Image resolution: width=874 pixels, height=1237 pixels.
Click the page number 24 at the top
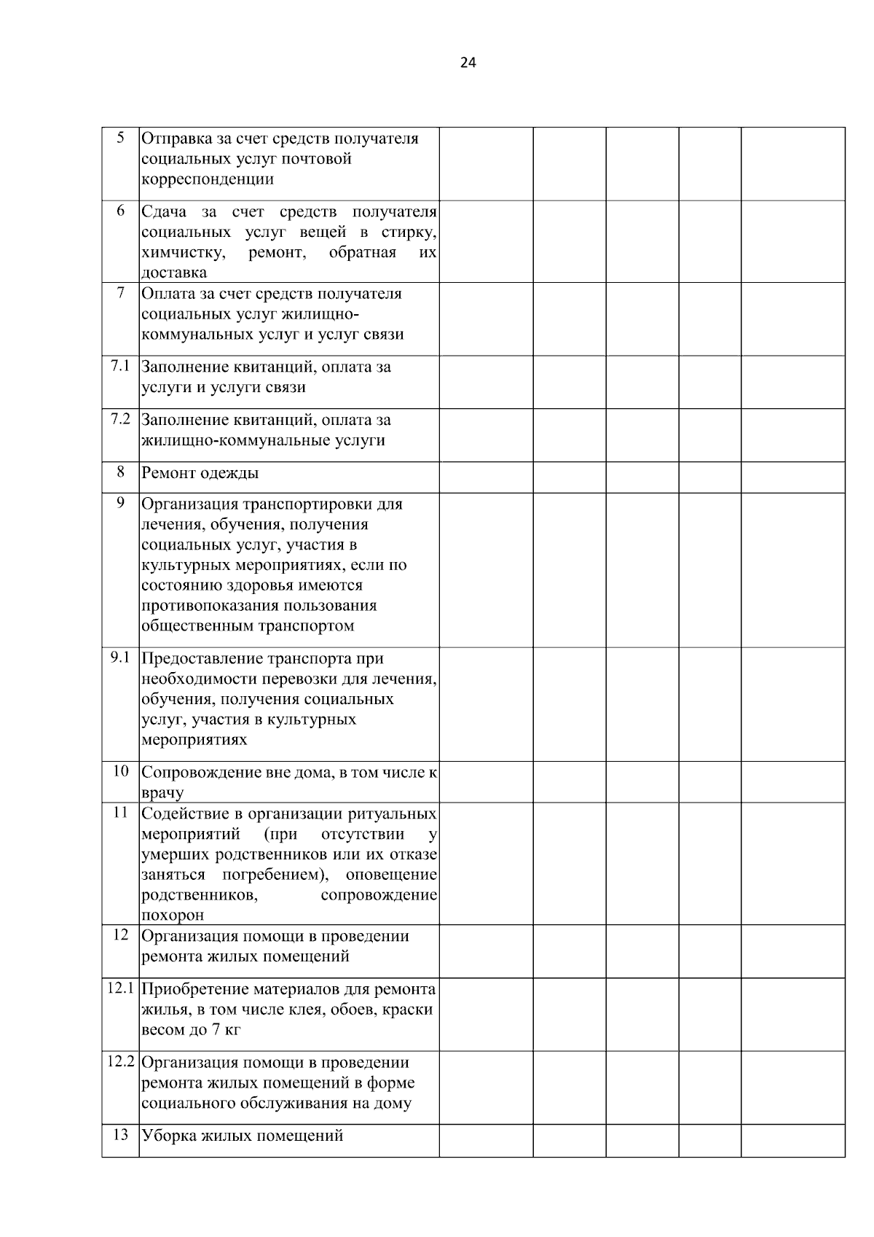click(x=468, y=63)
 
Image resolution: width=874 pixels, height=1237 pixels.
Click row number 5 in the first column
click(x=121, y=137)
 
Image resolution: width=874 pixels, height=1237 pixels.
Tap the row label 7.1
click(x=120, y=366)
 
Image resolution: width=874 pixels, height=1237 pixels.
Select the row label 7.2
click(x=120, y=419)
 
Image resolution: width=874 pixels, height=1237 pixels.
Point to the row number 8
click(x=121, y=472)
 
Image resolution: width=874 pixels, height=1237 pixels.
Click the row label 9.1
click(x=120, y=657)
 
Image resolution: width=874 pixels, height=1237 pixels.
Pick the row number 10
click(x=121, y=771)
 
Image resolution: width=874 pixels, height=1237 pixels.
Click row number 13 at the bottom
click(x=121, y=1134)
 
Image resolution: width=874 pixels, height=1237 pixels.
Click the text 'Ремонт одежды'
click(x=200, y=473)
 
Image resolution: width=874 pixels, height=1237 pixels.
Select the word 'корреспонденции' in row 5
click(x=208, y=179)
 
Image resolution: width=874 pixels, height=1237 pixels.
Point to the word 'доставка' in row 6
click(x=174, y=273)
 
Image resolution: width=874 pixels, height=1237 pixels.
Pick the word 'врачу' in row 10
click(x=162, y=792)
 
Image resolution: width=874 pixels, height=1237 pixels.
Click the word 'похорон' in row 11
click(x=173, y=915)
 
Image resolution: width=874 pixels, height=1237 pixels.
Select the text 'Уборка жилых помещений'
click(x=242, y=1136)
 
